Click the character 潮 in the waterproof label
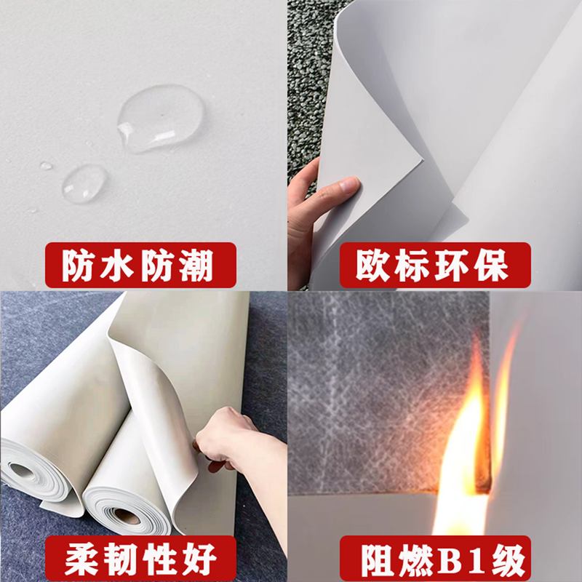point(194,266)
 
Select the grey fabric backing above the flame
point(378,378)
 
